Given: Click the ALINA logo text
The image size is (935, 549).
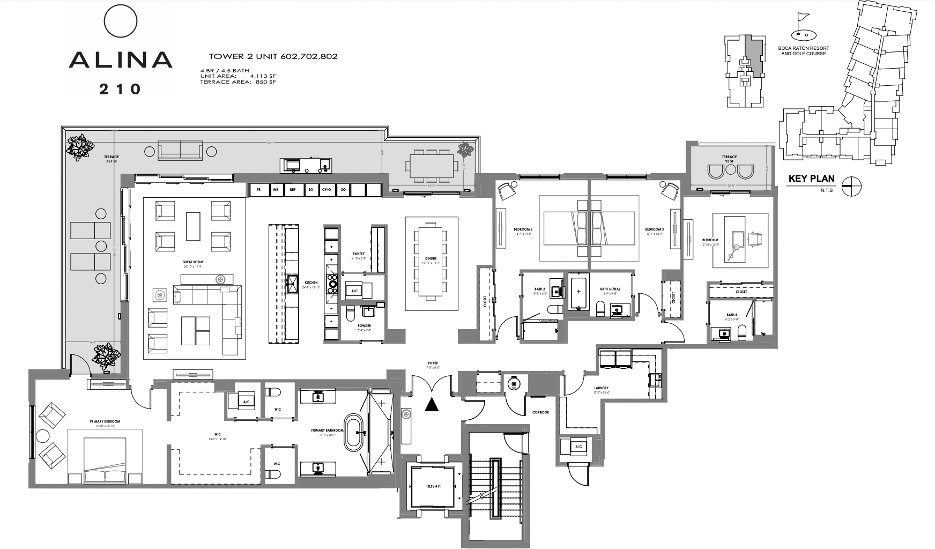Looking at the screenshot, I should (x=120, y=60).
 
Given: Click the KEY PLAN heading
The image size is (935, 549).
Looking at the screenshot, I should (x=811, y=179).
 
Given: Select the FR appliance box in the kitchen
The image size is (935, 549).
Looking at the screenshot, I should (x=258, y=190).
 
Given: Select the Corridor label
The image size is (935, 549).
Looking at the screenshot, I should (x=540, y=413).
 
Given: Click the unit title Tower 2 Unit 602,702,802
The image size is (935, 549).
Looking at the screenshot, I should (x=273, y=56).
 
